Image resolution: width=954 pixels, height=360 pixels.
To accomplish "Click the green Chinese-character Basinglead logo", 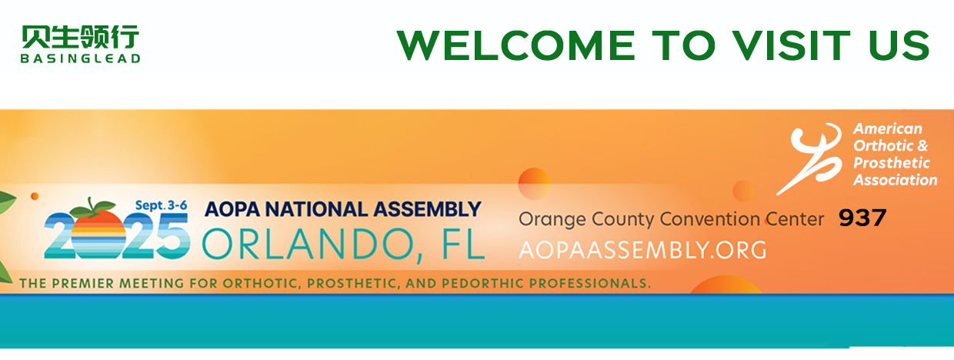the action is (x=81, y=37).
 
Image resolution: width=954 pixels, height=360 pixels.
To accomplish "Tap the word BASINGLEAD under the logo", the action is (x=81, y=58).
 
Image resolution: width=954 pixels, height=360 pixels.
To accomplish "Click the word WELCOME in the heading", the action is (x=515, y=45).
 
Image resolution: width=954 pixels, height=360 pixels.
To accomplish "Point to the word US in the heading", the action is (x=899, y=45).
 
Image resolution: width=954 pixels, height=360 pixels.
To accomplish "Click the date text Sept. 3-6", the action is (x=161, y=205).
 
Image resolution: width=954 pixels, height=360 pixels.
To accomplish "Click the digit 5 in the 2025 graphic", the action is (x=172, y=235).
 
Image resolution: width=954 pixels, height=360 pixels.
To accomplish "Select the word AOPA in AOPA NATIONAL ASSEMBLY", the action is (x=232, y=209).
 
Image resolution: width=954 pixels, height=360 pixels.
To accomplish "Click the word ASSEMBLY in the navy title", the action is (x=428, y=209).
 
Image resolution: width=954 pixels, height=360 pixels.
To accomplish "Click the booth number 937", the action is (x=862, y=218).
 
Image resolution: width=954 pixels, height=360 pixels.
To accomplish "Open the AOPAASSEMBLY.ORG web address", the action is (x=642, y=250).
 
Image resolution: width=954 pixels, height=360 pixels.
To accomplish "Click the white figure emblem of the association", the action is (x=809, y=158).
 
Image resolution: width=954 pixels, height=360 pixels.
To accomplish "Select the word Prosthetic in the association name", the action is (x=892, y=163).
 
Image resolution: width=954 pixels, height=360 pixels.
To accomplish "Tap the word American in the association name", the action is (x=888, y=128).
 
